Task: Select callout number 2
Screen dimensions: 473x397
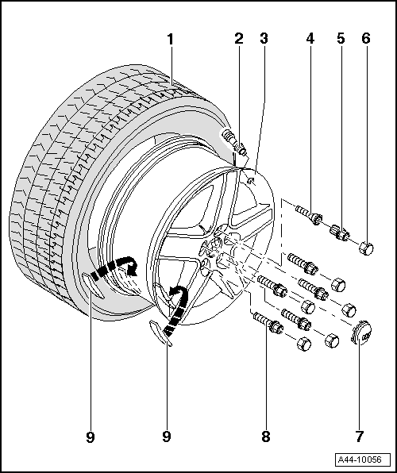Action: coord(237,37)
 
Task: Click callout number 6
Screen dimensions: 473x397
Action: coord(366,37)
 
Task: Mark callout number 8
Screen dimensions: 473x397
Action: coord(264,436)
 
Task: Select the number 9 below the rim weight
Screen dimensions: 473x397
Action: coord(168,436)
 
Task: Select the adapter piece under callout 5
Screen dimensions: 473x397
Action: coord(340,232)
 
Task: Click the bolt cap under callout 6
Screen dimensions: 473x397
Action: coord(366,248)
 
